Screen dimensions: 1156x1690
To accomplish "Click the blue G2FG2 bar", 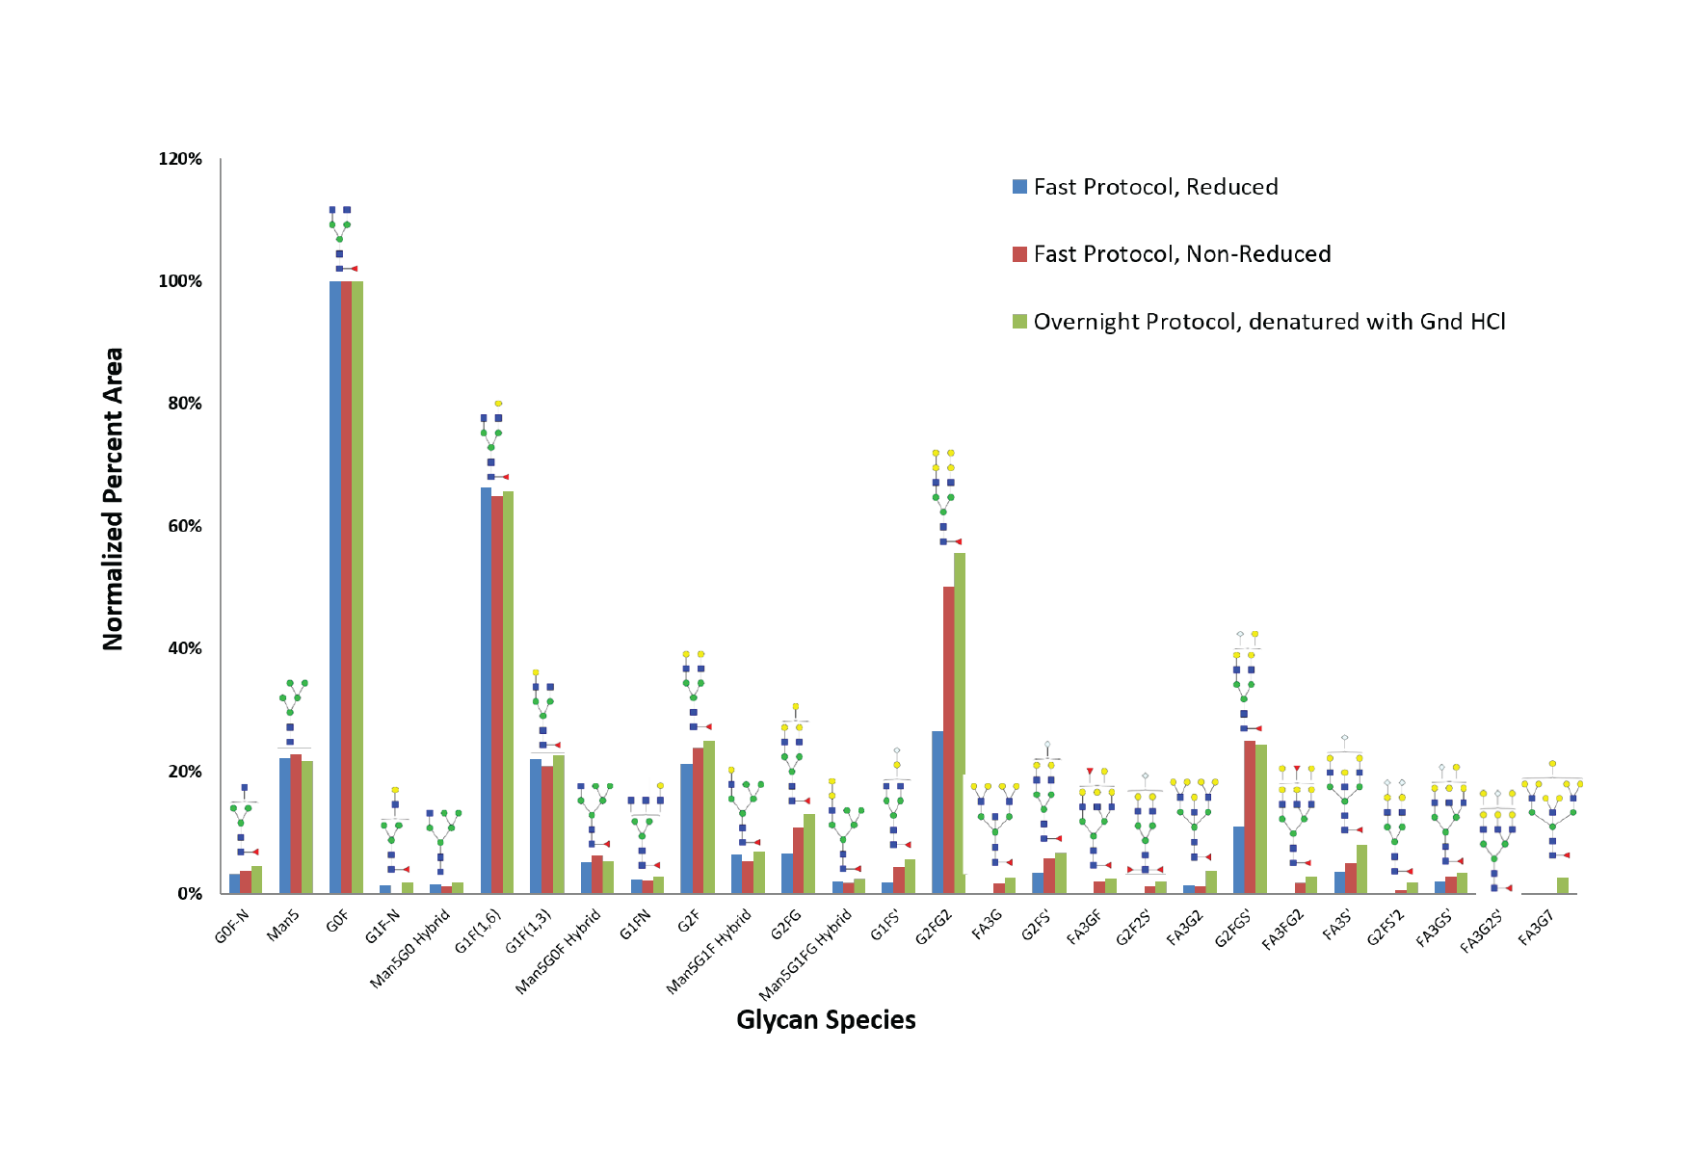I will pyautogui.click(x=937, y=812).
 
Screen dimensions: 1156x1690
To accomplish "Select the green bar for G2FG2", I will pyautogui.click(x=960, y=722).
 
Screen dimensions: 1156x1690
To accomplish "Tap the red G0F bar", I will pyautogui.click(x=346, y=588).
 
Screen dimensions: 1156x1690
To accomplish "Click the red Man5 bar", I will pyautogui.click(x=296, y=824).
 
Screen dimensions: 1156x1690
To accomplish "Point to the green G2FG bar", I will pyautogui.click(x=809, y=854).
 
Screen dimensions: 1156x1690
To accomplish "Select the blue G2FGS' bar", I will pyautogui.click(x=1238, y=859).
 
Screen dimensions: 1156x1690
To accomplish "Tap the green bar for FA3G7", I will pyautogui.click(x=1562, y=885).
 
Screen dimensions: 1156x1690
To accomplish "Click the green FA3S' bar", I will pyautogui.click(x=1361, y=869).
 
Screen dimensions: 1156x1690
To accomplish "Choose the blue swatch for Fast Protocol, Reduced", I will pyautogui.click(x=1019, y=187).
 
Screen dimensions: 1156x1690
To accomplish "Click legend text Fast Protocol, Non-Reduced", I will pyautogui.click(x=1182, y=254).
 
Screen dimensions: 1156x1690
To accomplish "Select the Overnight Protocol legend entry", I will pyautogui.click(x=1269, y=322).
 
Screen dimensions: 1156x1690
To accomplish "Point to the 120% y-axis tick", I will pyautogui.click(x=180, y=159).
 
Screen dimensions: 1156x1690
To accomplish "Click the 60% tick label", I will pyautogui.click(x=184, y=526).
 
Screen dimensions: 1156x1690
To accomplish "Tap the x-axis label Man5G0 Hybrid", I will pyautogui.click(x=410, y=949).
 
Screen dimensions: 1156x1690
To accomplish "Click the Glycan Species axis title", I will pyautogui.click(x=826, y=1020).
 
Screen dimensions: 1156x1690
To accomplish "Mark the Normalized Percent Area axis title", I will pyautogui.click(x=113, y=498).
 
